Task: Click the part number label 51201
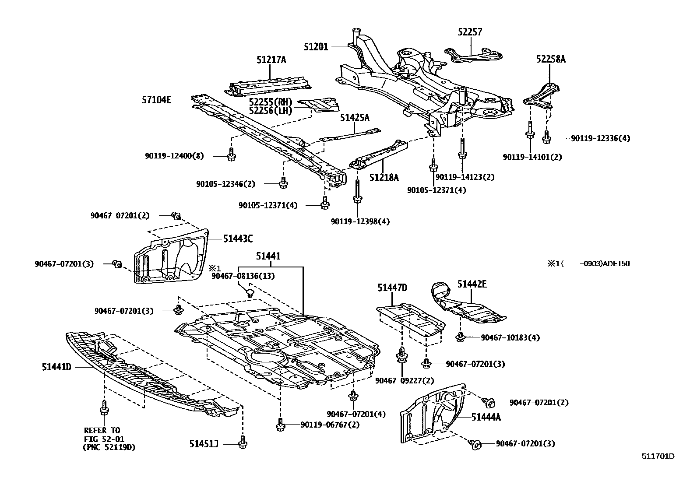[316, 46]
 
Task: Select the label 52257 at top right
[470, 32]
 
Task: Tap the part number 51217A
[271, 60]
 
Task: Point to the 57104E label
[156, 100]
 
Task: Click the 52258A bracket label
[551, 59]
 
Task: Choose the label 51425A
[355, 118]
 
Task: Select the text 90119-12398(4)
[360, 221]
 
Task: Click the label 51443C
[238, 239]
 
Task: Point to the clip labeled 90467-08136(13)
[250, 292]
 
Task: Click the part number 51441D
[56, 367]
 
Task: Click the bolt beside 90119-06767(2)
[281, 425]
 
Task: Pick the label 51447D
[392, 288]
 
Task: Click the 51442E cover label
[472, 284]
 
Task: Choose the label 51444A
[486, 417]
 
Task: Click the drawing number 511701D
[658, 456]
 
